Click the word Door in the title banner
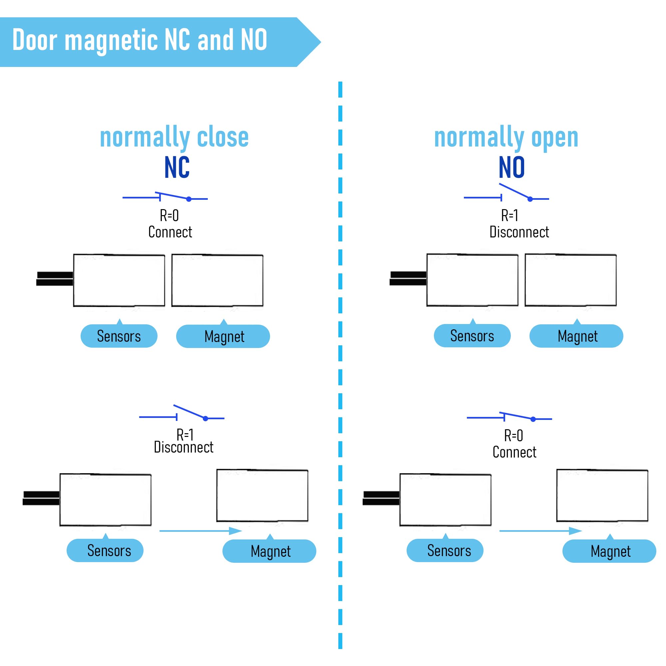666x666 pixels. [35, 40]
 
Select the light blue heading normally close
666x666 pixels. [174, 138]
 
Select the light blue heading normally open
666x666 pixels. [506, 138]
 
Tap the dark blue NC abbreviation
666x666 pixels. [177, 167]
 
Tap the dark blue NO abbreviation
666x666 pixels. [511, 167]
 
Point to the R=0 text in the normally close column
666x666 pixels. [169, 216]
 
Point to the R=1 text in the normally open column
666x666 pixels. [509, 216]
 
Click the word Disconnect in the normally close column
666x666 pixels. [183, 448]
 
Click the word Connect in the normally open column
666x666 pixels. [514, 452]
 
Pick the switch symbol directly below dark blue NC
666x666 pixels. [165, 197]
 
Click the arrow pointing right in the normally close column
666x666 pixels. [200, 531]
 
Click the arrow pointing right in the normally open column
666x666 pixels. [540, 531]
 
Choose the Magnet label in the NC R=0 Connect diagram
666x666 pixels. [223, 336]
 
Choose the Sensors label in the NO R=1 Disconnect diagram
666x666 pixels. [472, 335]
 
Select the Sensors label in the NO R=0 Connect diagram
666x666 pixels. [445, 550]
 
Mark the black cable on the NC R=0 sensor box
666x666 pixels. [55, 279]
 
